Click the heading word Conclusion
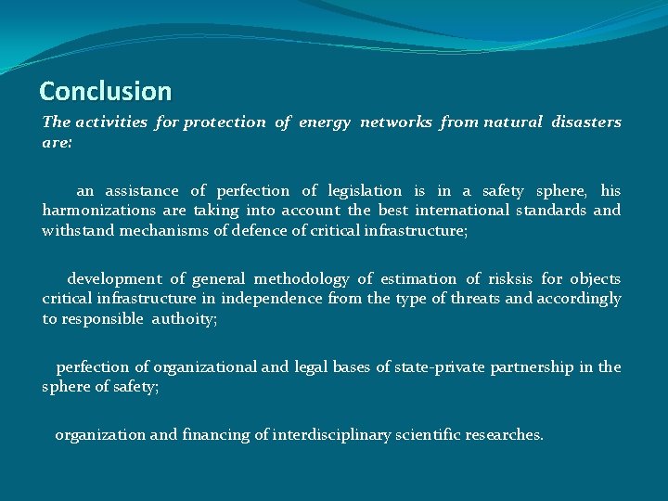pos(106,91)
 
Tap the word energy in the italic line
pos(326,122)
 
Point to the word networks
pos(396,122)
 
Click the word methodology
pos(302,279)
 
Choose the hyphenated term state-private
pos(439,367)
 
